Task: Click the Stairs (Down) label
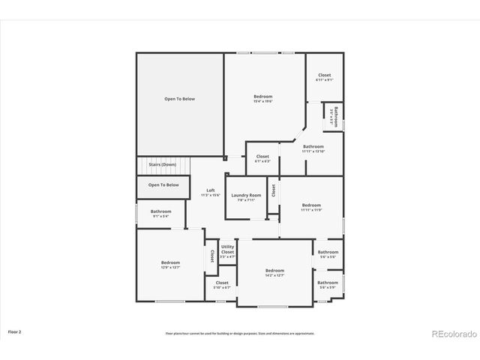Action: tap(162, 163)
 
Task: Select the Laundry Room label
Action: tap(246, 197)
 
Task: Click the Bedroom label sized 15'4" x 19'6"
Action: tap(262, 98)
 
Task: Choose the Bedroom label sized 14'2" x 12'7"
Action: tap(274, 272)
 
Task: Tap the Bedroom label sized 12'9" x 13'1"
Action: tap(170, 264)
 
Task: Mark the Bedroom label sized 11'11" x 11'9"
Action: tap(311, 207)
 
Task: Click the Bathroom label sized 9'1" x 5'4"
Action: tap(160, 213)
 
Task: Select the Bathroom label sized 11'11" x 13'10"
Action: tap(313, 148)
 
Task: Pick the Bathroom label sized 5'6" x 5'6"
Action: tap(328, 254)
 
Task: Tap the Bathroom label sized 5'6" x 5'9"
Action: tap(328, 284)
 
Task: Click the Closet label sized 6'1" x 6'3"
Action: tap(262, 158)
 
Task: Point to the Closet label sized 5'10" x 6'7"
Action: tap(222, 285)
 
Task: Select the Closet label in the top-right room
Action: tap(324, 76)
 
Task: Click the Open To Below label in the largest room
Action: tap(179, 99)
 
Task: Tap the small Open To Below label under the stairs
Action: tap(163, 184)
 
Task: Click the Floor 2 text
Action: tap(15, 331)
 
